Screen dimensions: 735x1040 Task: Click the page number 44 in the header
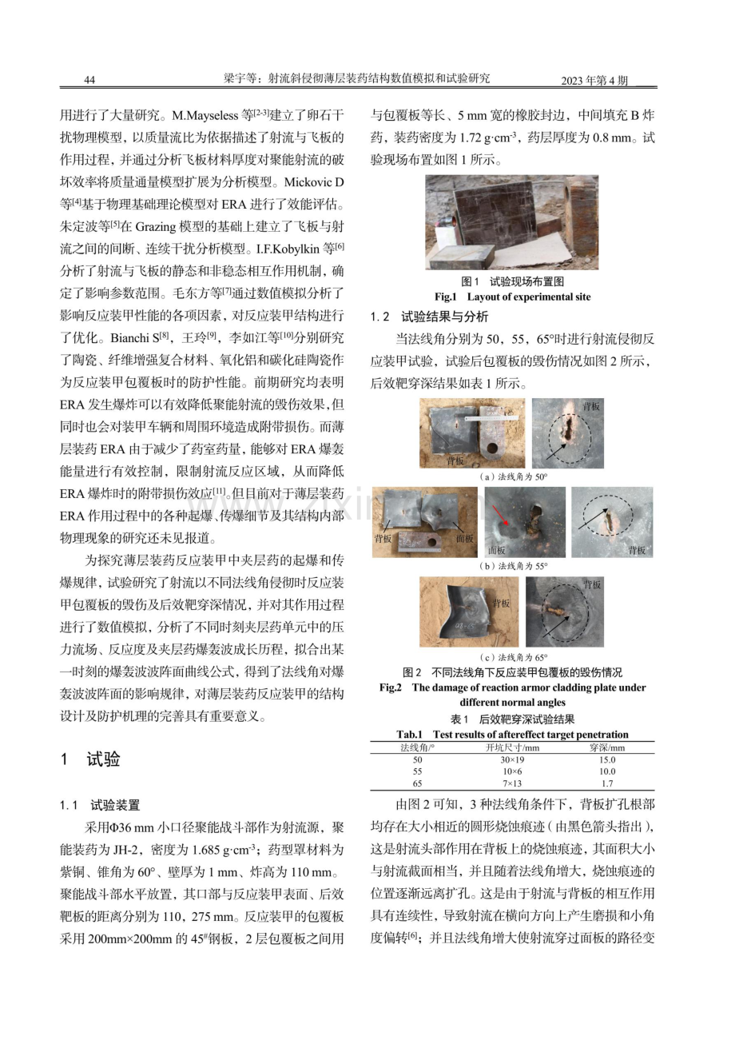tap(89, 80)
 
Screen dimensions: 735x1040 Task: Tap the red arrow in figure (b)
tap(501, 516)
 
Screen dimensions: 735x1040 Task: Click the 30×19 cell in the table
tap(512, 759)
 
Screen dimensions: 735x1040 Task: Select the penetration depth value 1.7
tap(607, 783)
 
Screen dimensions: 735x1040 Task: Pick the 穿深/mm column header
tap(607, 747)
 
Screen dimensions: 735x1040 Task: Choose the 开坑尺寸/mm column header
tap(512, 747)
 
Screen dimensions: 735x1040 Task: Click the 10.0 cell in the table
tap(607, 771)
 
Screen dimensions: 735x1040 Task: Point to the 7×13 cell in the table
tap(512, 783)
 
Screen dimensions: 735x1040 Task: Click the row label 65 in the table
tap(418, 783)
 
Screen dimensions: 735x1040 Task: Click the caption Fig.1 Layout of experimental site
tap(512, 297)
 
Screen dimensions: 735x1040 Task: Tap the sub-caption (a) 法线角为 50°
tap(513, 476)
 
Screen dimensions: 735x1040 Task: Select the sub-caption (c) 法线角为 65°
tap(513, 657)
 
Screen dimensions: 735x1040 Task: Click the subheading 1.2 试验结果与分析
tap(429, 317)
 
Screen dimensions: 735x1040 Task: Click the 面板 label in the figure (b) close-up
tap(496, 550)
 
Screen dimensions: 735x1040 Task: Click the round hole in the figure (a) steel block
tap(492, 449)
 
